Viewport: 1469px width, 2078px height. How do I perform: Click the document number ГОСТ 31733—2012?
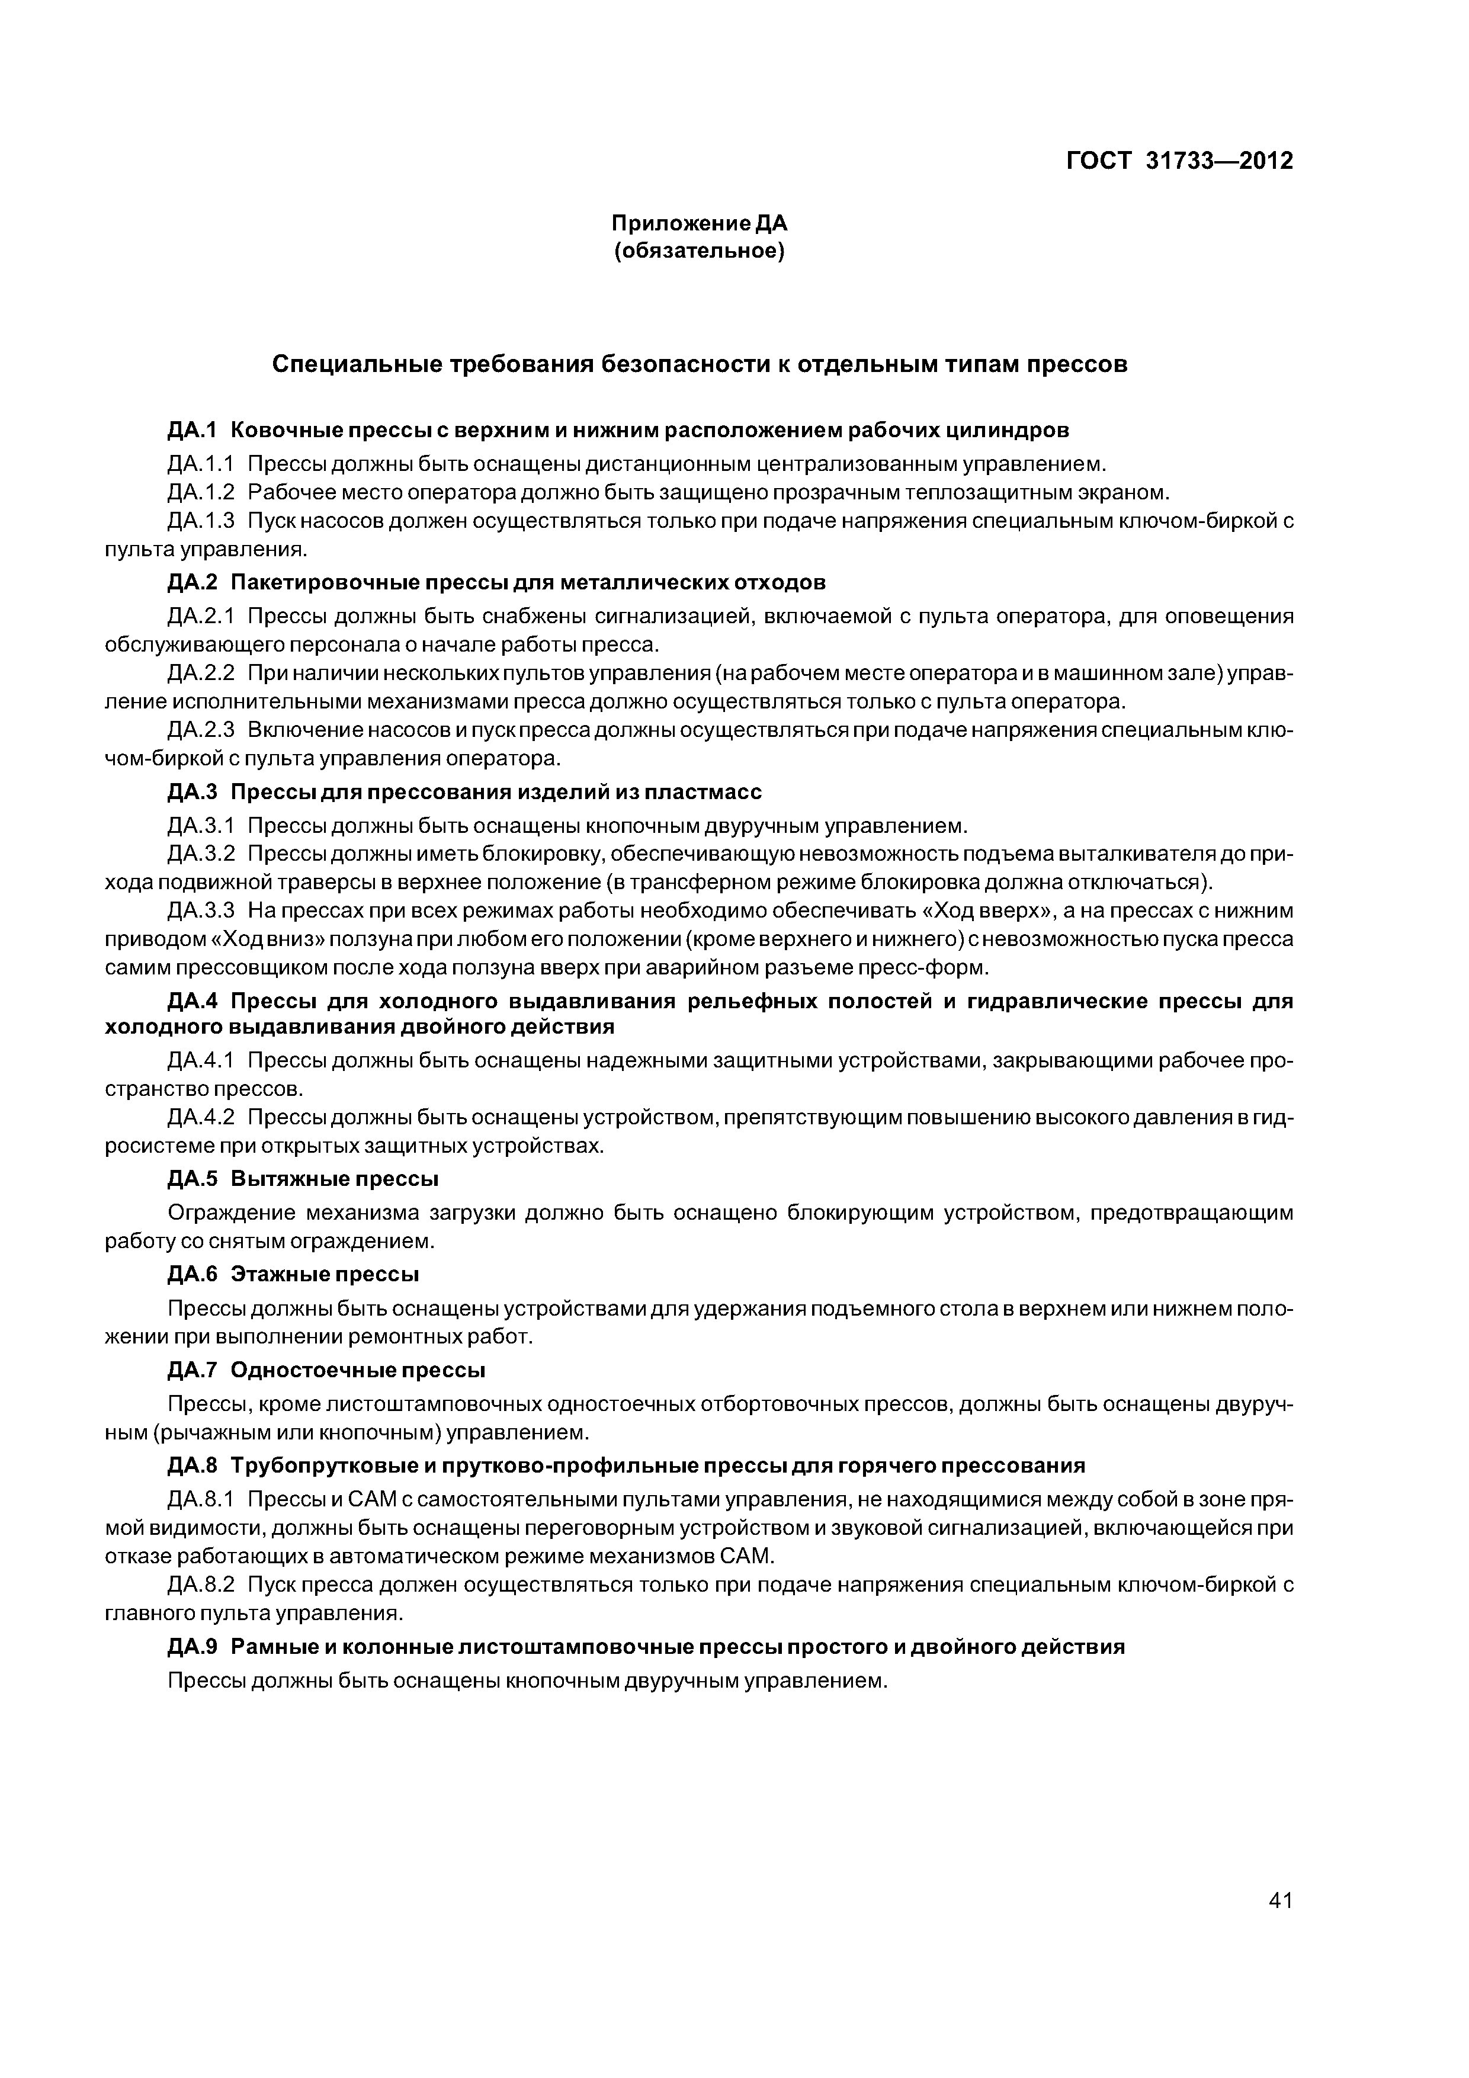coord(1179,161)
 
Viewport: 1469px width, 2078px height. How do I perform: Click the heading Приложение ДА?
coord(699,223)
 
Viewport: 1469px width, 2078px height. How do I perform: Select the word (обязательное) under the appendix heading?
coord(699,251)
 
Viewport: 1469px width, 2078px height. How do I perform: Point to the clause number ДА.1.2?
coord(201,492)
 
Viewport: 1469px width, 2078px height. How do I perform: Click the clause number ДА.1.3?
coord(201,521)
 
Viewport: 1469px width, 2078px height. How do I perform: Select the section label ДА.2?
coord(193,581)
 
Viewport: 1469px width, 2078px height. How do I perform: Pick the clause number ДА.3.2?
coord(201,854)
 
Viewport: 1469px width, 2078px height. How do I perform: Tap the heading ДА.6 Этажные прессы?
coord(293,1274)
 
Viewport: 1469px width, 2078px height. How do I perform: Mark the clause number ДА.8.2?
coord(201,1585)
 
